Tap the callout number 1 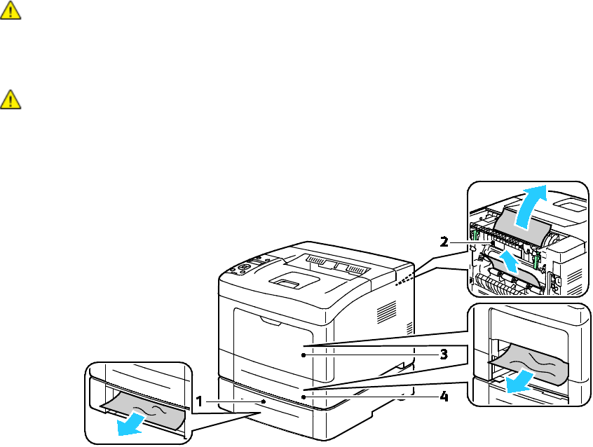[200, 402]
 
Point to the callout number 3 [443, 355]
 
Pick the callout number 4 [443, 396]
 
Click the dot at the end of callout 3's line [303, 355]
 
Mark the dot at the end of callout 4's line [303, 396]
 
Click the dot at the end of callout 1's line [263, 403]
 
